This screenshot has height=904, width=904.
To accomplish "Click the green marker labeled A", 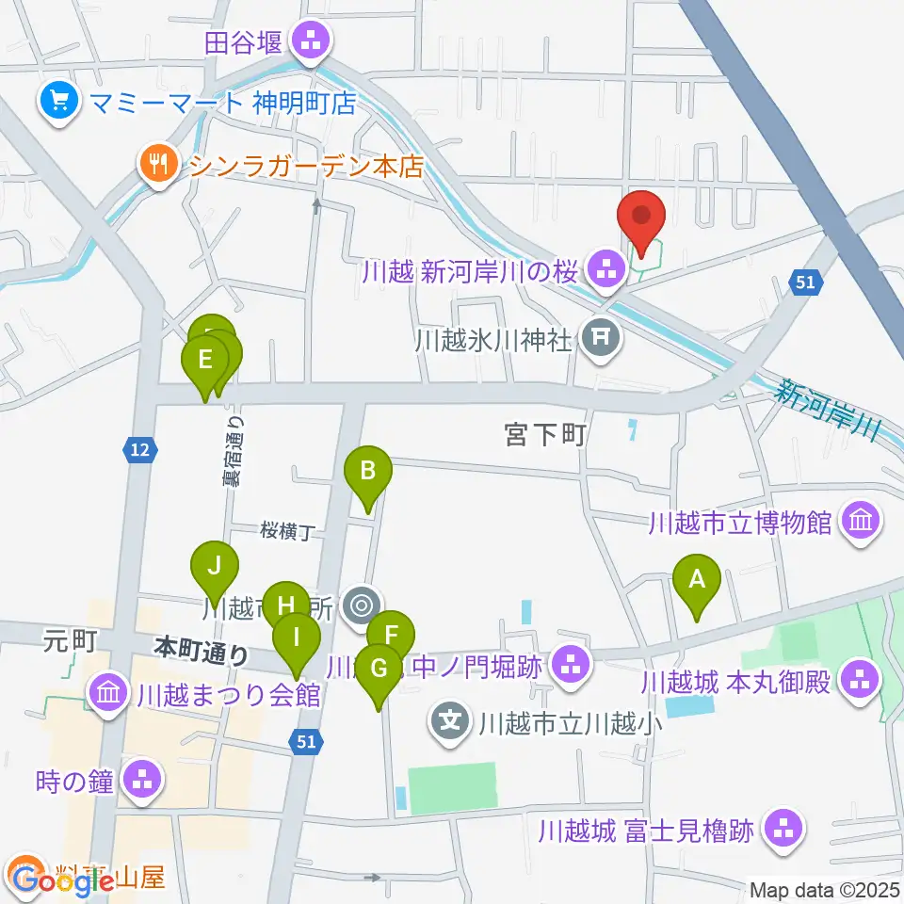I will [x=697, y=580].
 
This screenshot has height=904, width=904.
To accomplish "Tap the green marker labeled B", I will [x=368, y=470].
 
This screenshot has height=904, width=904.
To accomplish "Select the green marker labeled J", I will [x=215, y=566].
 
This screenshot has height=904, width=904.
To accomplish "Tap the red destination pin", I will [x=642, y=216].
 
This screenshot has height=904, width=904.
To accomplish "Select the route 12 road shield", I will [x=139, y=452].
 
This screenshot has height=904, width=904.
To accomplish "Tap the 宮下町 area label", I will [x=545, y=435].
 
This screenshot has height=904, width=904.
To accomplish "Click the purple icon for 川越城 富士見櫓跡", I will [x=783, y=830].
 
